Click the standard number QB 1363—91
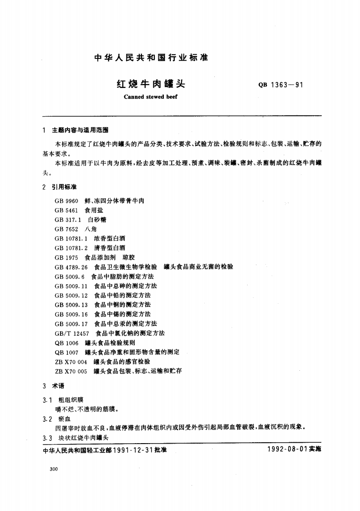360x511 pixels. (x=281, y=85)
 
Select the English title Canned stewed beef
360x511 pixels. (x=150, y=97)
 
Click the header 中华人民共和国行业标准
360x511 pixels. (x=150, y=58)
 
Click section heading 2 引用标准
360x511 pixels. (x=60, y=187)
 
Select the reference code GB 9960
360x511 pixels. (x=66, y=200)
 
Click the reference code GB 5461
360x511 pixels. (x=66, y=210)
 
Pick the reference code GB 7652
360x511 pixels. (x=66, y=229)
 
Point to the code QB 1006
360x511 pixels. (x=66, y=342)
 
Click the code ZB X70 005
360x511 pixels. (x=71, y=371)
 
